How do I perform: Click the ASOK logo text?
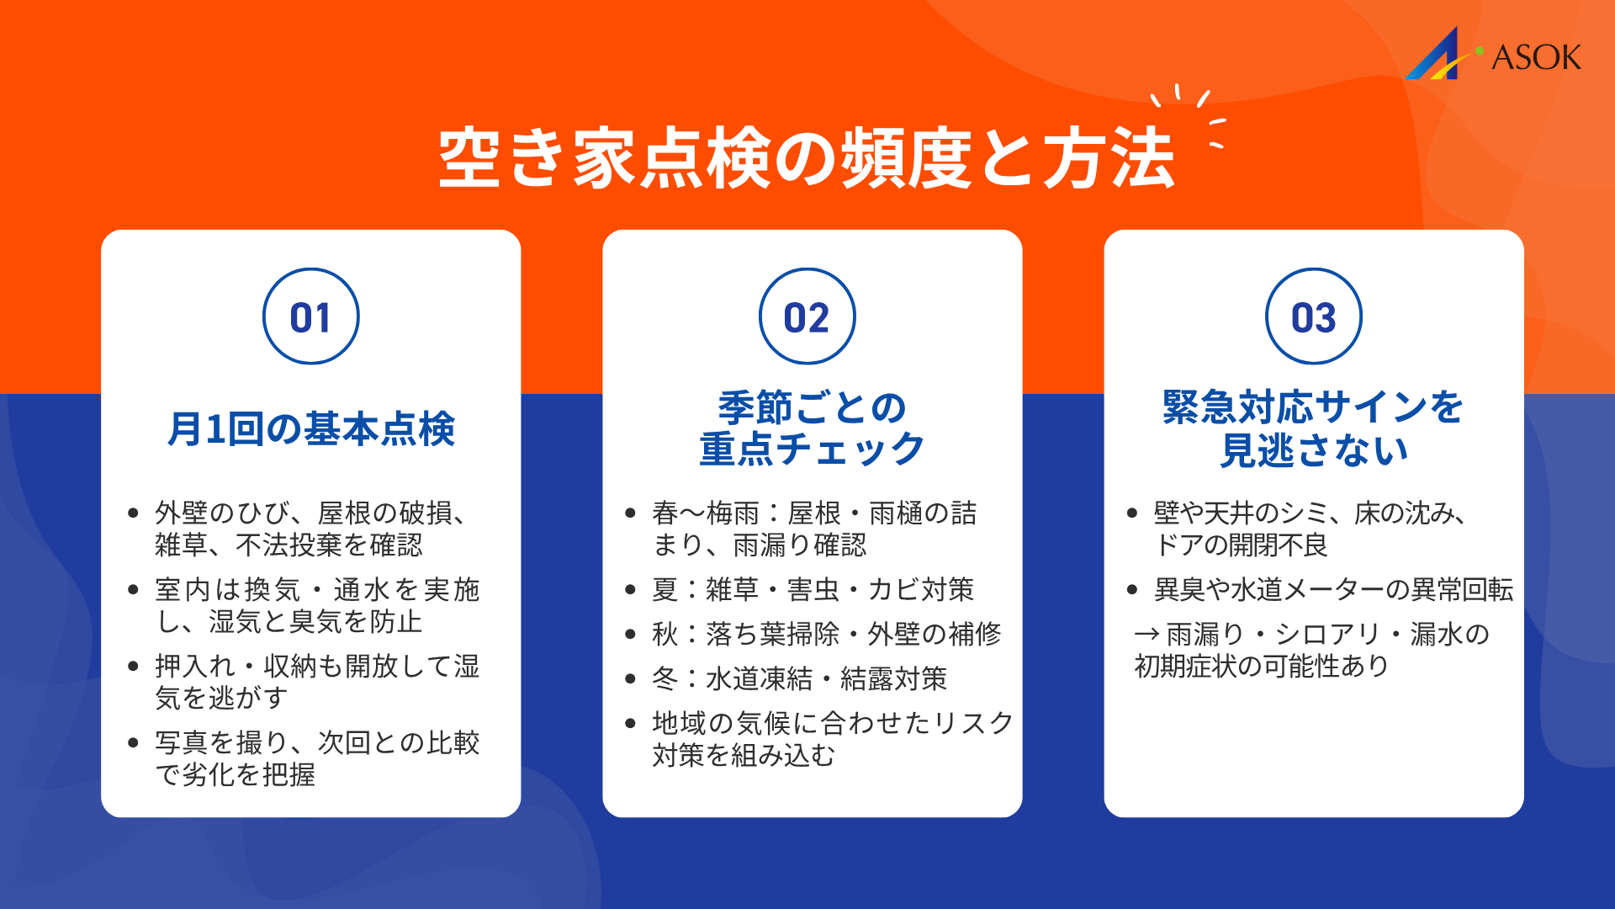pos(1536,57)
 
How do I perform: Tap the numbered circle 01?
pos(310,316)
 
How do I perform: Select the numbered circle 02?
pos(807,316)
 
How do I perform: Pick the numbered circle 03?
pos(1313,316)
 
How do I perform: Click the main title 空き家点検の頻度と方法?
pos(806,158)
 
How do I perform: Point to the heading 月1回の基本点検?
pos(310,428)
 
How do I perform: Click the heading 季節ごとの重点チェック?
pos(812,428)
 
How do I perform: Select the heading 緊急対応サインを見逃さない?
pos(1313,428)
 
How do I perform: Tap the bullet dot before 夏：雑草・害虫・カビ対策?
pos(631,590)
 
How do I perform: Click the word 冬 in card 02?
pos(665,678)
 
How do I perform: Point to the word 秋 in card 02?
pos(665,634)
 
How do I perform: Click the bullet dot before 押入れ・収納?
pos(133,667)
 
